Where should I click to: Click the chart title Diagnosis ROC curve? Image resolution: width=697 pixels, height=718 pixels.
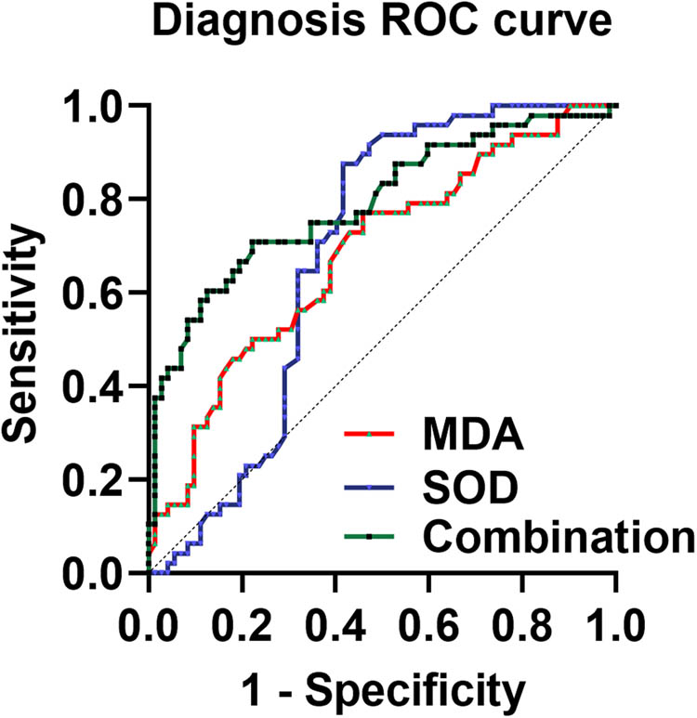tap(381, 22)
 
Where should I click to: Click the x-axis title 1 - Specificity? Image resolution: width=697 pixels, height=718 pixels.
tap(381, 689)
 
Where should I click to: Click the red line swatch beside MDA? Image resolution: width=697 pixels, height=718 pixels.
tap(371, 435)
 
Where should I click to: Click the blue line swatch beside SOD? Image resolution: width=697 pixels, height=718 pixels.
tap(371, 486)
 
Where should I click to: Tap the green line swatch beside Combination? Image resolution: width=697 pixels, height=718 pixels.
tap(371, 537)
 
